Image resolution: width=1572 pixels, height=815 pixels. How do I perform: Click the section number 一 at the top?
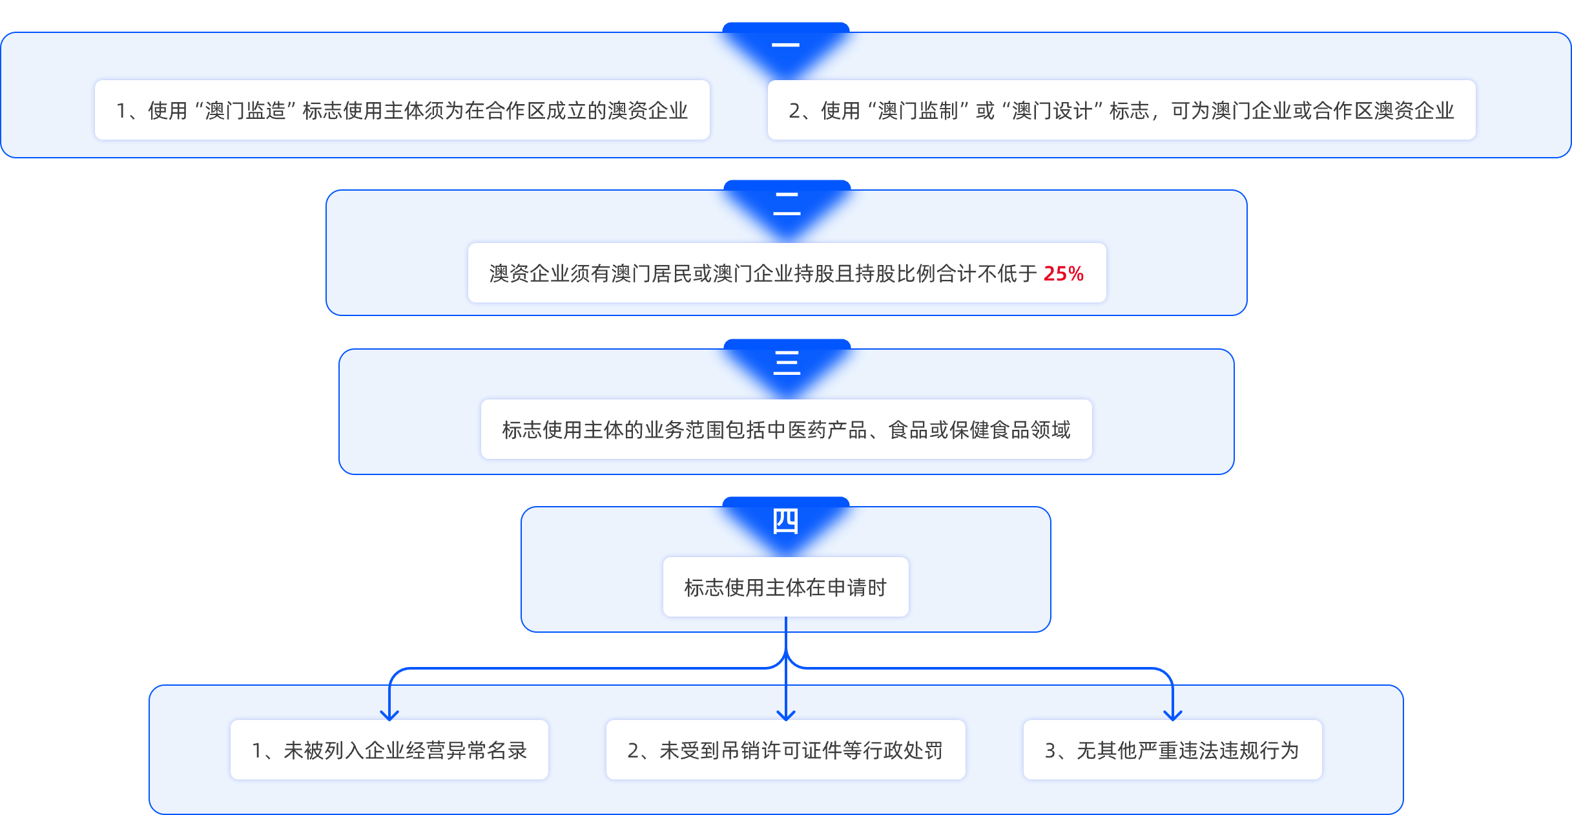click(x=785, y=45)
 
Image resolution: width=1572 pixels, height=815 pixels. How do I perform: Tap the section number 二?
click(x=787, y=204)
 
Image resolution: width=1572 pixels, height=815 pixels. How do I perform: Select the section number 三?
click(x=787, y=363)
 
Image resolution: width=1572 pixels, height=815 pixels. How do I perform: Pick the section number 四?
click(x=785, y=521)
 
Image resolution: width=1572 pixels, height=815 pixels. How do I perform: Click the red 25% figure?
click(x=1063, y=273)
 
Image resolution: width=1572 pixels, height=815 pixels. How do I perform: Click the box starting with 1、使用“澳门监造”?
click(x=402, y=110)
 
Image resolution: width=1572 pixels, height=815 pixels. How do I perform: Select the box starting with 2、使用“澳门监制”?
click(x=1121, y=110)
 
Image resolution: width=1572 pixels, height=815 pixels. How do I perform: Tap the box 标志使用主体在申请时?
click(x=785, y=587)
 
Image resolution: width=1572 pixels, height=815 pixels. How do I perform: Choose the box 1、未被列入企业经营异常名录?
click(x=389, y=750)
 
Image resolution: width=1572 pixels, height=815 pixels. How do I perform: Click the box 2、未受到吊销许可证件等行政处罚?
click(x=785, y=750)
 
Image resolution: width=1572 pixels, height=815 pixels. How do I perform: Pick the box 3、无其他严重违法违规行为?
click(x=1172, y=750)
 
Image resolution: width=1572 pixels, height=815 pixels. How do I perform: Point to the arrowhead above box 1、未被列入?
click(x=389, y=715)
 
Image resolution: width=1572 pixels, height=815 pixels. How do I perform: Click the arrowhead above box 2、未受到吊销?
click(x=785, y=715)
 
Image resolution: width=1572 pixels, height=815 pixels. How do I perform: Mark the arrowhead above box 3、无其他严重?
click(x=1172, y=715)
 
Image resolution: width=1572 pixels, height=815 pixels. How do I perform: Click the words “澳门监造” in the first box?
click(x=245, y=111)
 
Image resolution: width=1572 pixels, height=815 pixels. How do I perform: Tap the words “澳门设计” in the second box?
click(x=1052, y=111)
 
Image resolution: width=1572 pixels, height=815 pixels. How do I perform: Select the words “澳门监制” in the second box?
click(x=918, y=111)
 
